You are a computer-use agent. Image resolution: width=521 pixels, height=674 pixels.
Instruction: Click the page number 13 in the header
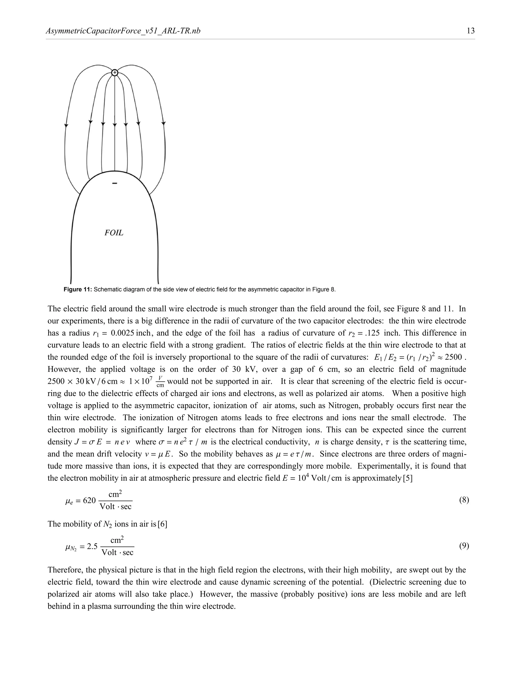tap(471, 31)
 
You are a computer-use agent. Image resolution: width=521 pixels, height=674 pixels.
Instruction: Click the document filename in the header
tap(123, 31)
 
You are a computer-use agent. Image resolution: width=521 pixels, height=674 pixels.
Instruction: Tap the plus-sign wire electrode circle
tap(114, 73)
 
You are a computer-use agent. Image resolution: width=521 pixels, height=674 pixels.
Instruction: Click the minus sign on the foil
tap(114, 184)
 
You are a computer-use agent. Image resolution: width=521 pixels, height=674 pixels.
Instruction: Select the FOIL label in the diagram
tap(114, 233)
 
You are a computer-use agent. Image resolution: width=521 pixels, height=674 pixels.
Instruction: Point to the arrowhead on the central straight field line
tap(114, 125)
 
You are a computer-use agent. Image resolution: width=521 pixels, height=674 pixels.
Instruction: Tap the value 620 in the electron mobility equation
tap(89, 500)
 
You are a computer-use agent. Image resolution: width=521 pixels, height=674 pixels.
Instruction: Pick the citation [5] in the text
tap(408, 478)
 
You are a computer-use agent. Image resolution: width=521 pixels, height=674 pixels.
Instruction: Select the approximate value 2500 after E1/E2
tap(453, 357)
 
